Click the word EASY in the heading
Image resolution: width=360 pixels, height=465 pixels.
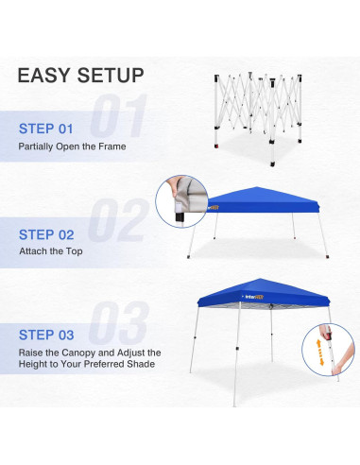click(47, 76)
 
